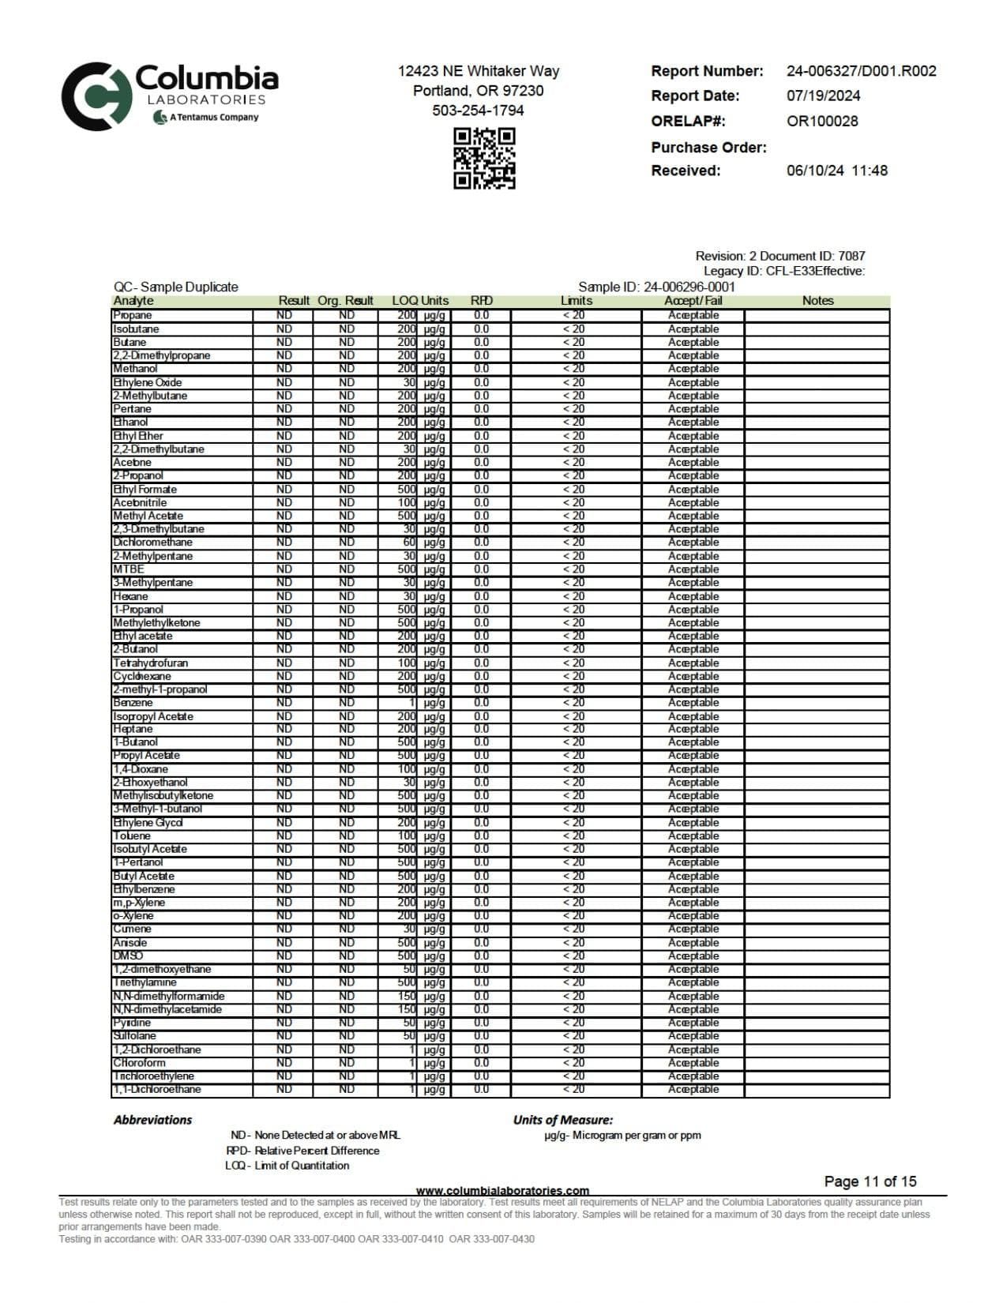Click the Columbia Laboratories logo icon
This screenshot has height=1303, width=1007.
click(96, 96)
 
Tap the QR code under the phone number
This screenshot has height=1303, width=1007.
click(484, 158)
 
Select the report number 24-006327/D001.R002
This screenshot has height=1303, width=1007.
click(861, 71)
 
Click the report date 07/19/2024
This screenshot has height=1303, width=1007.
click(823, 96)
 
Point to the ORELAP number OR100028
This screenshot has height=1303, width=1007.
click(821, 122)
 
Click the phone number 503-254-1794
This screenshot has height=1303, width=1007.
click(478, 111)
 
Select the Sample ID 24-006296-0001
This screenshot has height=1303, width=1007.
click(689, 287)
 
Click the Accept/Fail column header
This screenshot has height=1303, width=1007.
click(693, 301)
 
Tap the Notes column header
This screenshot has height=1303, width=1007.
click(817, 301)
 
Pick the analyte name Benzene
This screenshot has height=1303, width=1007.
click(133, 703)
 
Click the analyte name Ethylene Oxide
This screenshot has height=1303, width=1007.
click(147, 382)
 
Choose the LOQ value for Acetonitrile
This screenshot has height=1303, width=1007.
click(406, 502)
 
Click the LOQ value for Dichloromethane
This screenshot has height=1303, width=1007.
click(409, 543)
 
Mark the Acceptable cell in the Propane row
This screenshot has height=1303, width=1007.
click(693, 315)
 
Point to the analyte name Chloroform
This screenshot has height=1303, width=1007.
click(139, 1063)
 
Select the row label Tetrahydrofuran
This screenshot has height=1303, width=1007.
click(150, 663)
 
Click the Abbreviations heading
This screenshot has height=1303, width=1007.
click(152, 1120)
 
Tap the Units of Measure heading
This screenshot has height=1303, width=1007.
click(562, 1120)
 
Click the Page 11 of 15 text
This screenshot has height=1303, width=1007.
click(870, 1181)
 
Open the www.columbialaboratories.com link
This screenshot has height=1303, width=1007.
click(502, 1191)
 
